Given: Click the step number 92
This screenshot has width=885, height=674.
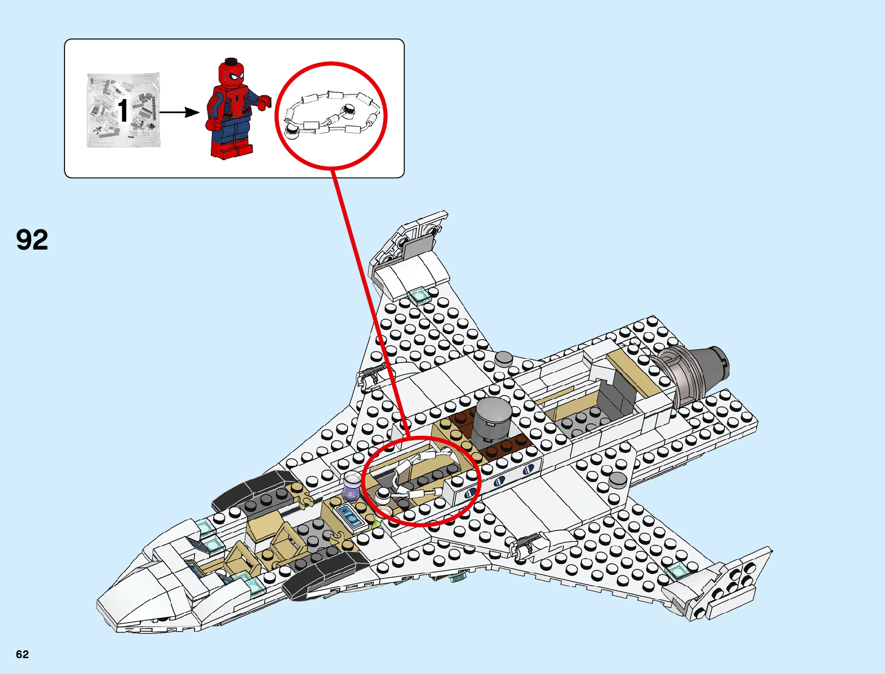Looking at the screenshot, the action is tap(32, 240).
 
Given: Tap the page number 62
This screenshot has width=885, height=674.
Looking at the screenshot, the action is tap(22, 654).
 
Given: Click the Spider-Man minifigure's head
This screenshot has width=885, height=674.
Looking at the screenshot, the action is tap(231, 73).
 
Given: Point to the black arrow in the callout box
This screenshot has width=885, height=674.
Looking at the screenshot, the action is tap(179, 112).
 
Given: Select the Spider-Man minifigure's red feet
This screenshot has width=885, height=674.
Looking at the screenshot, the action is tap(232, 150).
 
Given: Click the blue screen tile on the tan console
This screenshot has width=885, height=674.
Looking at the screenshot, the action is tap(349, 516).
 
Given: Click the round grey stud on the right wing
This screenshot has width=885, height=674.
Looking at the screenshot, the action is tap(617, 480).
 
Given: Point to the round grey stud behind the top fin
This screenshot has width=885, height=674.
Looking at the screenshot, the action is tap(503, 358).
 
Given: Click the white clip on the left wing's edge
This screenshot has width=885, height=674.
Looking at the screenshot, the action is tap(369, 375).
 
